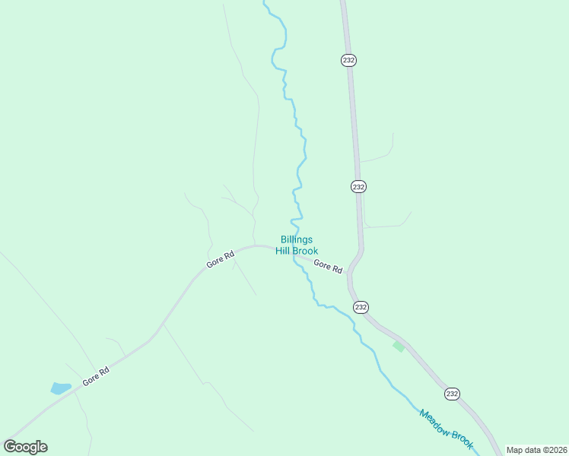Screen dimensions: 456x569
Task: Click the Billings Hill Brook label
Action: point(297,245)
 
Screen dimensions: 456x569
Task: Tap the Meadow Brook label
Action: point(446,429)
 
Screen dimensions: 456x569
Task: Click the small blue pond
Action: point(60,388)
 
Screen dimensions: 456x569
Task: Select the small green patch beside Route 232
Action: point(399,347)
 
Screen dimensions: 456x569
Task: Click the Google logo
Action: point(25,447)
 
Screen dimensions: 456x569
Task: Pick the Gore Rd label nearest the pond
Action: point(97,376)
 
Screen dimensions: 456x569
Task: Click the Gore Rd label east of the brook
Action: point(328,267)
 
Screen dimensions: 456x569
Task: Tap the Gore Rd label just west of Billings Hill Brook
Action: point(220,258)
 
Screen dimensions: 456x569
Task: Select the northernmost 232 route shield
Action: point(349,60)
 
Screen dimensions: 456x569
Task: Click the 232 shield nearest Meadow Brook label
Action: point(453,393)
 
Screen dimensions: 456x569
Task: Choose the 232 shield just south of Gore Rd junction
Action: point(361,307)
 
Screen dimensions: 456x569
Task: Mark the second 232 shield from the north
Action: point(359,186)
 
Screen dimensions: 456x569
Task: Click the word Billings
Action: point(297,239)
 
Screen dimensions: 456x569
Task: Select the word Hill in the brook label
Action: point(284,251)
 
